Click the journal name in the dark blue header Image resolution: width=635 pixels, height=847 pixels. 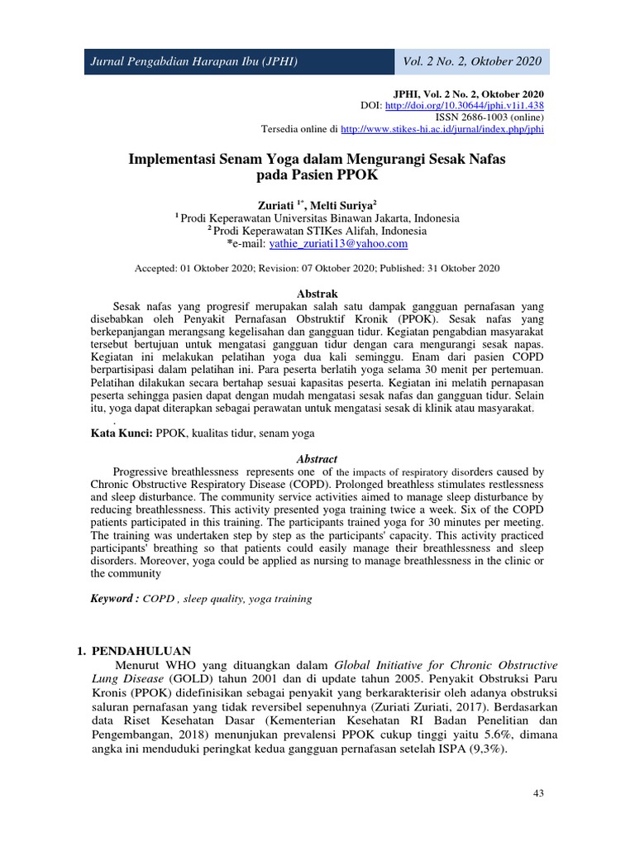[194, 62]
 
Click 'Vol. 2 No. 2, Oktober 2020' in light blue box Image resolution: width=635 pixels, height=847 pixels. [472, 62]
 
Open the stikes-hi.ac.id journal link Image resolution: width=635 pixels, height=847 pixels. [442, 129]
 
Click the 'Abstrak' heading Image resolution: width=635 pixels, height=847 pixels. [317, 294]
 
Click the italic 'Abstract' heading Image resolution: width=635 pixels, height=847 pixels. [317, 459]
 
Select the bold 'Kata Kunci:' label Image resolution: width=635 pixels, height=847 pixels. [121, 432]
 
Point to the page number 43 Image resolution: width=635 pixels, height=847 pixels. [538, 794]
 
